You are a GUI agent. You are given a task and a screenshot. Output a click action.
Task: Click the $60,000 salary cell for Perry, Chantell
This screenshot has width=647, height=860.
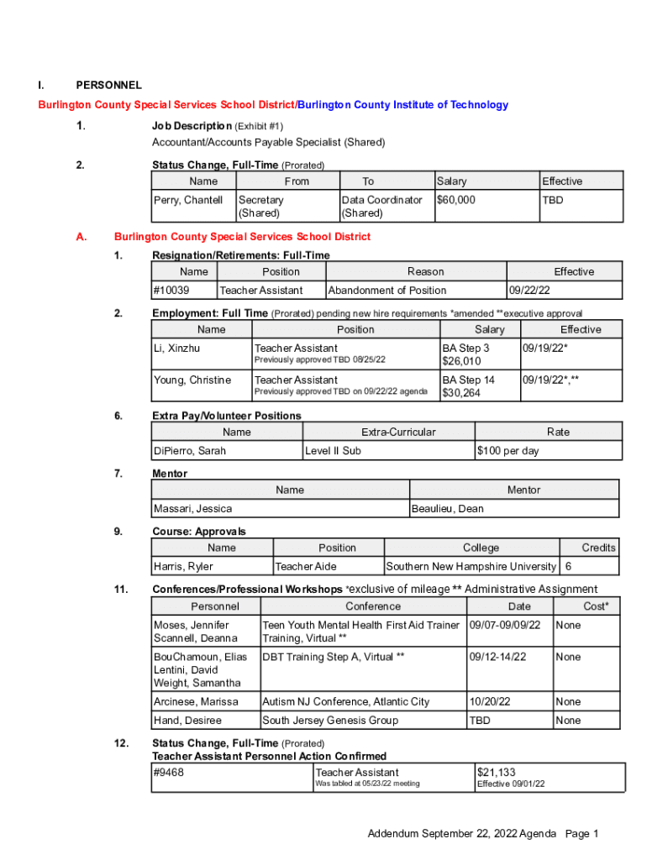(x=456, y=200)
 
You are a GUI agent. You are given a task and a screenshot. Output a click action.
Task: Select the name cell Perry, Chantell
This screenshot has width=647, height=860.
(x=188, y=200)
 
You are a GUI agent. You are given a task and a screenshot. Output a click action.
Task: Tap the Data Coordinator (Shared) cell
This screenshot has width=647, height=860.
(x=382, y=207)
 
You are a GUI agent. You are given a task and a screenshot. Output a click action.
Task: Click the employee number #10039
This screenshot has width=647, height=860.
(x=171, y=291)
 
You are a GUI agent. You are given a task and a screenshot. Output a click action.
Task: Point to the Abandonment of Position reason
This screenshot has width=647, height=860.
(x=387, y=291)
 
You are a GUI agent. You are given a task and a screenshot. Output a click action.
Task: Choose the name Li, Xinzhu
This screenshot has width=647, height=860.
(x=176, y=348)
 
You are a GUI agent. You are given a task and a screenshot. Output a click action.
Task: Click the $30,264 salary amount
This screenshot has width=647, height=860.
(x=461, y=393)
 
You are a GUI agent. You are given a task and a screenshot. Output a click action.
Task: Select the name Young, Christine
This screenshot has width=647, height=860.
(x=192, y=380)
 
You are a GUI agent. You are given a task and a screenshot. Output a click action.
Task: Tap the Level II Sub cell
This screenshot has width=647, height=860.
(x=333, y=451)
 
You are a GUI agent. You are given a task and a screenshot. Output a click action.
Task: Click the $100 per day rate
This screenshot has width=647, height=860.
(x=508, y=451)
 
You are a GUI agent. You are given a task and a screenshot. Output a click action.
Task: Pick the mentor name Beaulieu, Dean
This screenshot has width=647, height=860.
(x=447, y=509)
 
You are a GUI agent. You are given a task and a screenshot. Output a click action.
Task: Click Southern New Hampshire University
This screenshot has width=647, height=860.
(x=471, y=567)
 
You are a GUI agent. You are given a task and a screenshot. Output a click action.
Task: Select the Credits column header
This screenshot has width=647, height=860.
(x=598, y=548)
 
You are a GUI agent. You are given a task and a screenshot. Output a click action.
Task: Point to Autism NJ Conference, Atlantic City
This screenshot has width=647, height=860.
(x=346, y=702)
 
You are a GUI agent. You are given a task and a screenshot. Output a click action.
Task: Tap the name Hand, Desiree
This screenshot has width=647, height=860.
(x=187, y=721)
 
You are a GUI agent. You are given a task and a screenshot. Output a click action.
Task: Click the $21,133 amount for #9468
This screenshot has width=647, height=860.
(x=497, y=773)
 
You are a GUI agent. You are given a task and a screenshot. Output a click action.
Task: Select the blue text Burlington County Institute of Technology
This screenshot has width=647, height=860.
(x=403, y=105)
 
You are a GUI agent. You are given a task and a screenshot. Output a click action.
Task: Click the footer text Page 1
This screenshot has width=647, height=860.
(x=581, y=834)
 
